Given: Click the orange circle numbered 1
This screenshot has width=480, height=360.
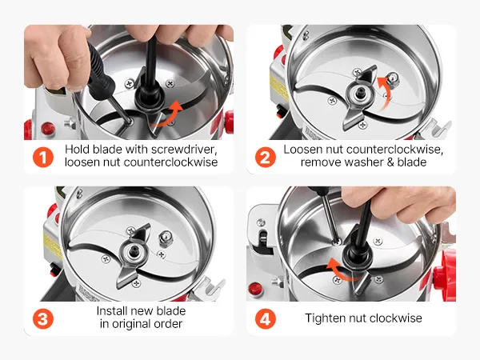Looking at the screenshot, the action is tap(43, 158).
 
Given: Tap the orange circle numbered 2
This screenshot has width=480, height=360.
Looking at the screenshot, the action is tap(266, 158).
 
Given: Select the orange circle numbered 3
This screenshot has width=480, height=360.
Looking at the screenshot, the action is tap(43, 318).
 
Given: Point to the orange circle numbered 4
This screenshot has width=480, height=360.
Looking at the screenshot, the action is tap(266, 318).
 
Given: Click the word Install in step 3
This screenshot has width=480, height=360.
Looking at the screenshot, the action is tap(112, 311).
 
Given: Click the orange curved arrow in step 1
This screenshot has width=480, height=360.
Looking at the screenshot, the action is tap(170, 114).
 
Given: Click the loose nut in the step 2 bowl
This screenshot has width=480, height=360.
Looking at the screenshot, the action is tap(393, 79).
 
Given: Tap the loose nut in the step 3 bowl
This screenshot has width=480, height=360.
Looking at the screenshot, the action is tap(166, 239).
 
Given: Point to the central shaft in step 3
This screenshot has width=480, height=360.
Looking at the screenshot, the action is tap(134, 250).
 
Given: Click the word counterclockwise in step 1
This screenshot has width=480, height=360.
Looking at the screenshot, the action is tap(171, 162).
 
